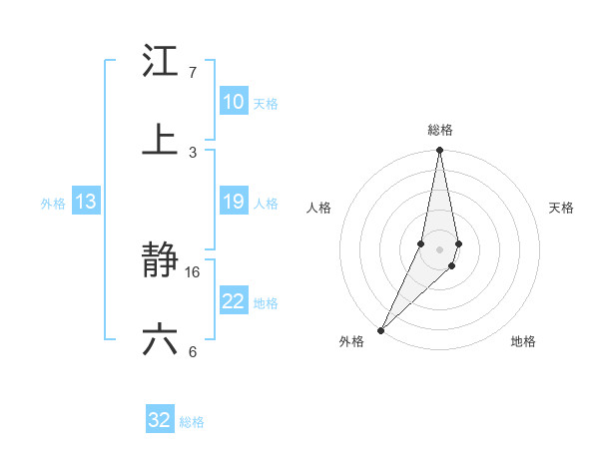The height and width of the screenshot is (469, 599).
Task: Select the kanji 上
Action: [x=161, y=140]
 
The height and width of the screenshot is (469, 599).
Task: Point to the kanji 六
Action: [x=161, y=340]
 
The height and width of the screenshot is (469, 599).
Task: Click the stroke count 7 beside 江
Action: [x=193, y=73]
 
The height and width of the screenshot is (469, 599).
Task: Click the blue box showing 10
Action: [x=234, y=102]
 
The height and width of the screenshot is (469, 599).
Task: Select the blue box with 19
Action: [x=234, y=202]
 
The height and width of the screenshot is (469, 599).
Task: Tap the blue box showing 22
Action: [x=234, y=301]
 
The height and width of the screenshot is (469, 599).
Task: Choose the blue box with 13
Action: [x=86, y=202]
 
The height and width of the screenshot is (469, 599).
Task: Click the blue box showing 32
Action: [x=160, y=420]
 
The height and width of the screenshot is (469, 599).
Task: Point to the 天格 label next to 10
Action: [x=266, y=104]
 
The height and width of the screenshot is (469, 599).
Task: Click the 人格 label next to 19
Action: [x=266, y=204]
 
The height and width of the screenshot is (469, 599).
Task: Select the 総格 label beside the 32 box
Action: [x=192, y=422]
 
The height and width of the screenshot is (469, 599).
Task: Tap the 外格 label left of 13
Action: [x=53, y=204]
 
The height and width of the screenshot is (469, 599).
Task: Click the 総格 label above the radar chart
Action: [x=440, y=130]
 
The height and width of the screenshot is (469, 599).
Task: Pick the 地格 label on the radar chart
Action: [x=523, y=341]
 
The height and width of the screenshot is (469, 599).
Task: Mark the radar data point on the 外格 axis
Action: [x=380, y=329]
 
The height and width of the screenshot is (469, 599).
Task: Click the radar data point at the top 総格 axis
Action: [x=439, y=151]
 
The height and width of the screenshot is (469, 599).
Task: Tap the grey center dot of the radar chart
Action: [x=439, y=248]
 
